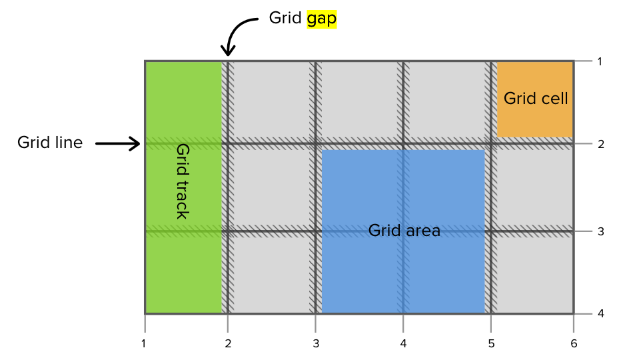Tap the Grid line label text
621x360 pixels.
click(x=50, y=142)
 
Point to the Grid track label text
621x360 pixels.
click(x=182, y=181)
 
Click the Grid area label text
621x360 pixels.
click(x=404, y=231)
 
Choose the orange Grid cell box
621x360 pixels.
click(x=535, y=99)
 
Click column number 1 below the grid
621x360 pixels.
click(x=144, y=344)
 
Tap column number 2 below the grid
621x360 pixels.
click(x=228, y=344)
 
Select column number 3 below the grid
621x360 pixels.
click(x=315, y=344)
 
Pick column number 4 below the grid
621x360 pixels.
click(x=403, y=344)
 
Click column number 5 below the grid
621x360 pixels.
click(x=491, y=344)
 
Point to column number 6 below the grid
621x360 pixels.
click(x=574, y=344)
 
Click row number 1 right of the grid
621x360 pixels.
click(x=600, y=62)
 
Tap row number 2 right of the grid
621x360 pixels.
click(x=600, y=144)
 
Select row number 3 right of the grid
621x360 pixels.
click(x=600, y=232)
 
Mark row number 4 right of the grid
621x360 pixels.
click(x=600, y=313)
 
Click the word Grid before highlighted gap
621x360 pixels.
click(x=285, y=19)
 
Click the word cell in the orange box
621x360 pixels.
click(x=554, y=99)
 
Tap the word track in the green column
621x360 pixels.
click(x=182, y=199)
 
